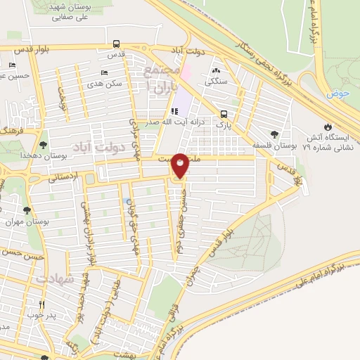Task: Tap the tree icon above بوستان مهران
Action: [27, 210]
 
